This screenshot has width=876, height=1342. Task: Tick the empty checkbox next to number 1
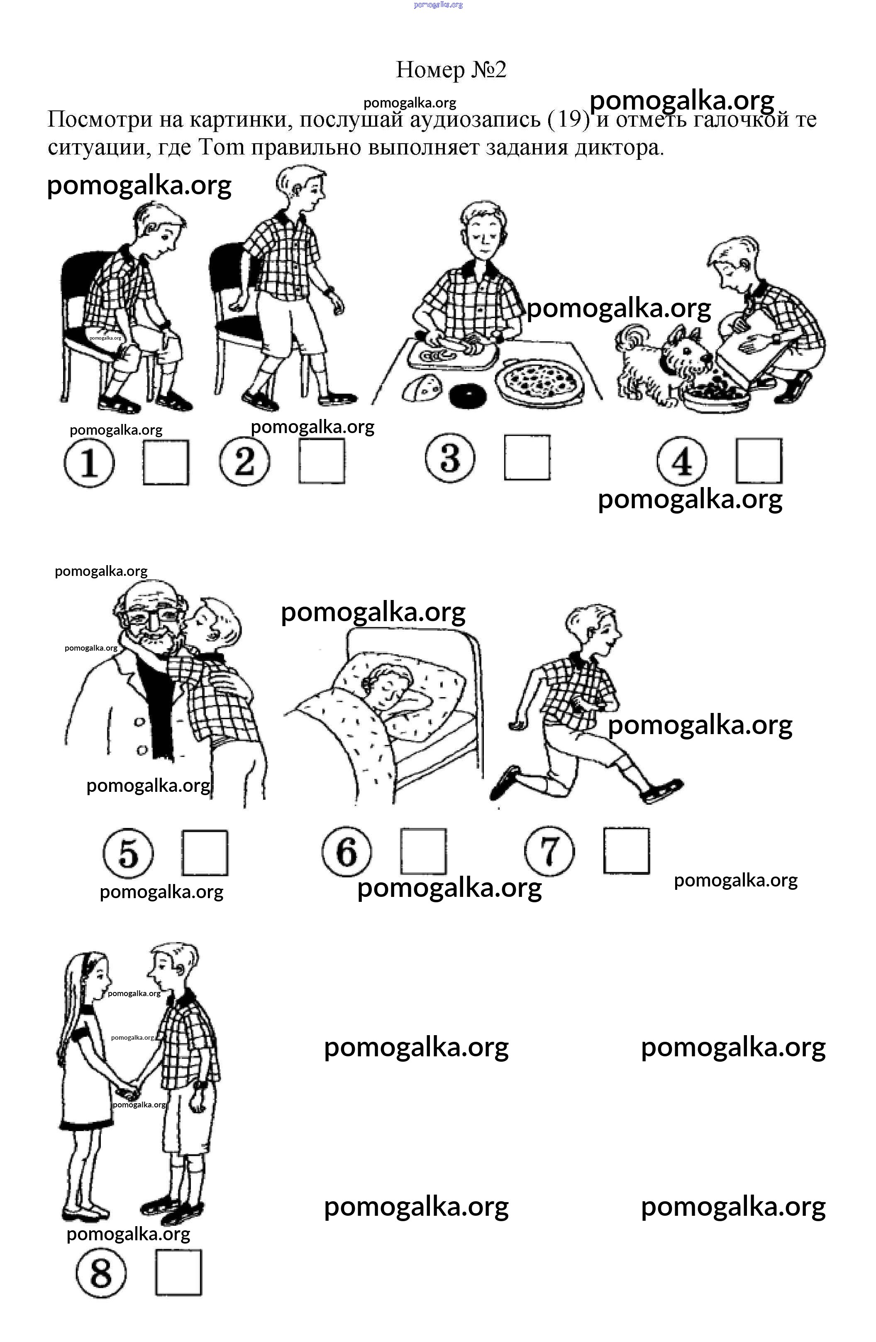pyautogui.click(x=166, y=463)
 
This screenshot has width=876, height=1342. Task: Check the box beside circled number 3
pyautogui.click(x=527, y=457)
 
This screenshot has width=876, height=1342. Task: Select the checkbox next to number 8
pyautogui.click(x=178, y=1273)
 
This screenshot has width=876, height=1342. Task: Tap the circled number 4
pyautogui.click(x=682, y=461)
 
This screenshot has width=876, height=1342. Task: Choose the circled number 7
pyautogui.click(x=549, y=851)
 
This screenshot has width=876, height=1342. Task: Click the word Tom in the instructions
pyautogui.click(x=222, y=147)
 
